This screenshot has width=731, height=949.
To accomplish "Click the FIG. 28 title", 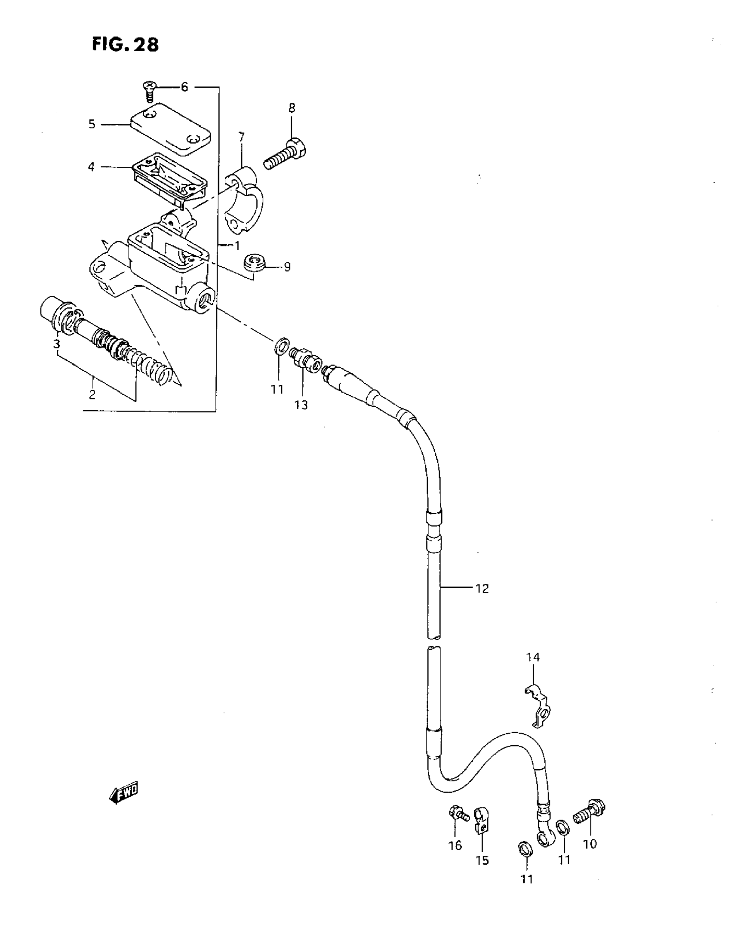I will click(x=125, y=44).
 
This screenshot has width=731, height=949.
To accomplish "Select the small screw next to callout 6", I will click(x=150, y=91).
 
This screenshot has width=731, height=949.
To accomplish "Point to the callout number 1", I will click(x=237, y=246).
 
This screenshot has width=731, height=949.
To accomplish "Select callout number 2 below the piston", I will click(x=92, y=395).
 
